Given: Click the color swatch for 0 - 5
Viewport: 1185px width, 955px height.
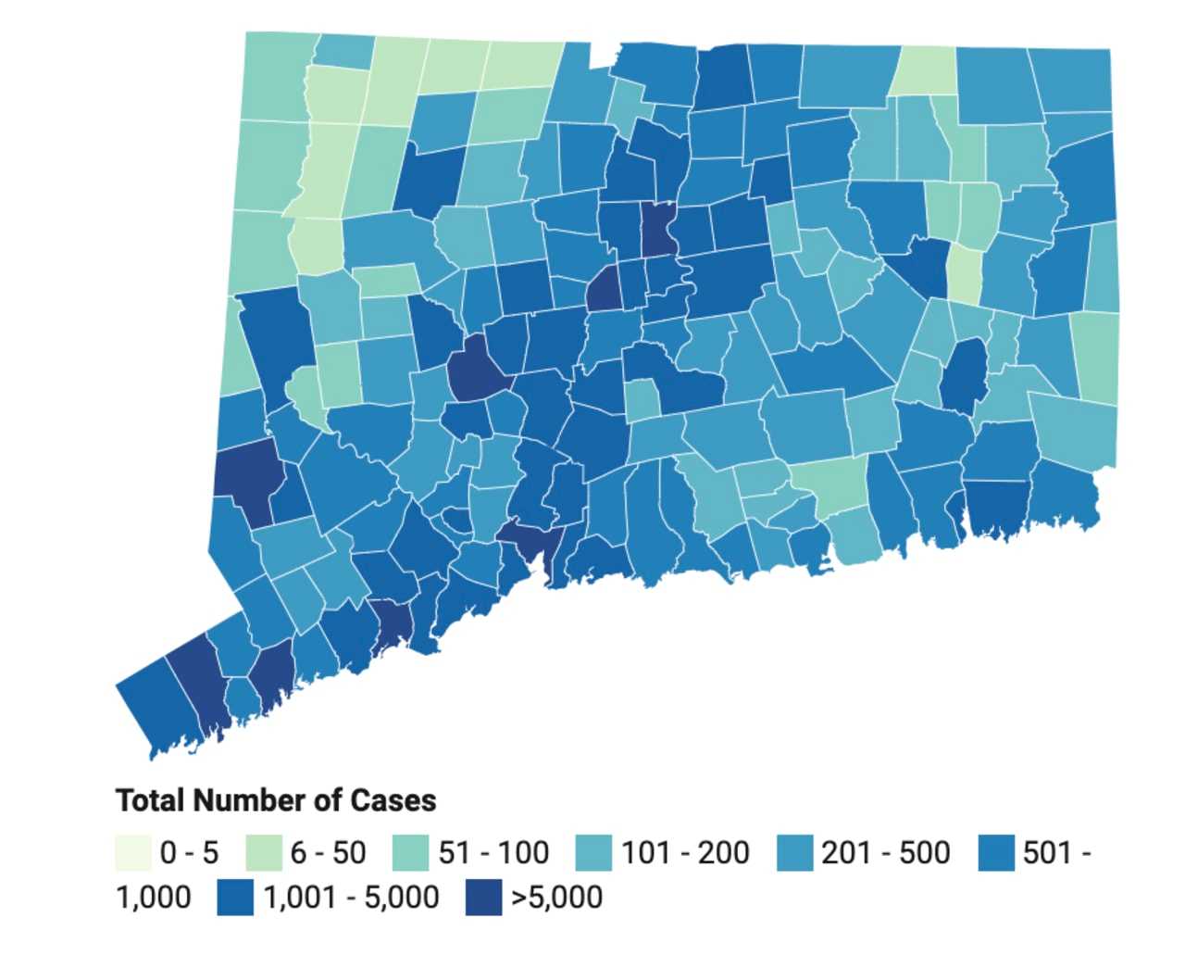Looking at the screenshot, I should [133, 852].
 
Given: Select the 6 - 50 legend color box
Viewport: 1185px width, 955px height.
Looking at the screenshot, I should [264, 852].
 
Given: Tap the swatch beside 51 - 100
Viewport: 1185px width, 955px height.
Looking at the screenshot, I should [410, 852].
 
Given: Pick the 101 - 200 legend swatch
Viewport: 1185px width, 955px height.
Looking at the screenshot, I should [593, 852].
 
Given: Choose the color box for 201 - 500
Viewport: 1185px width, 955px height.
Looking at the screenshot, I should [795, 852].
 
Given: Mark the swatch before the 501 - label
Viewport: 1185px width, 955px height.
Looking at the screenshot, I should [996, 852].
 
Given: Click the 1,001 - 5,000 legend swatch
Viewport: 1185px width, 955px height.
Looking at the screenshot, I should [235, 898].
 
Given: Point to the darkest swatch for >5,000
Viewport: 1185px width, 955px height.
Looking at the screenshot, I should [483, 898].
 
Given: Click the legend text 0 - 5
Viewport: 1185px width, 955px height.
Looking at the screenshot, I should [189, 852].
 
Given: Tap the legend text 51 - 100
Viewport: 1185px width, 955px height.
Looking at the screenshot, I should [493, 852].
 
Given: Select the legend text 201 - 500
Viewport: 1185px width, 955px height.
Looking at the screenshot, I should [885, 852].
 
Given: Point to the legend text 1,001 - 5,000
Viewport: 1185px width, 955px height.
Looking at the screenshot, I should [351, 898].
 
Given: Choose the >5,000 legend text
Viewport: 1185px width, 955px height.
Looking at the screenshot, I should [556, 898].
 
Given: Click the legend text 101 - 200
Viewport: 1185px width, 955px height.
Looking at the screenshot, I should [685, 852].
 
